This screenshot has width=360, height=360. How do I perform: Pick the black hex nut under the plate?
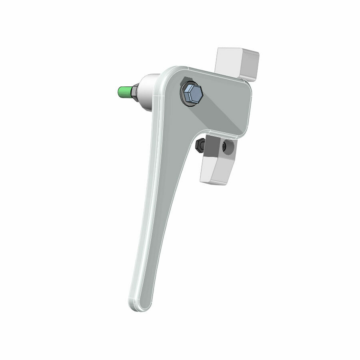tap(200, 146)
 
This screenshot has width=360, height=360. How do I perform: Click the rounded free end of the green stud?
tap(119, 93)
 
